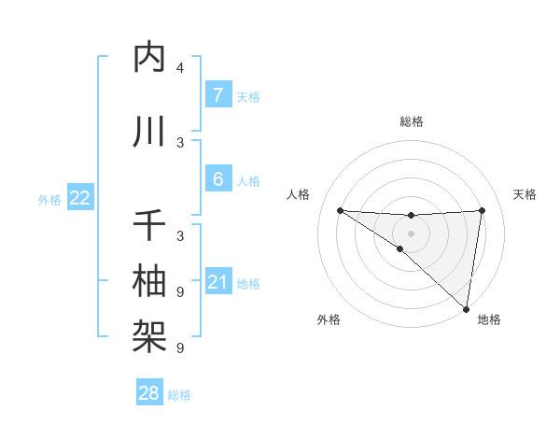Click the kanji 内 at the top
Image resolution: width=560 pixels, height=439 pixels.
coord(149,58)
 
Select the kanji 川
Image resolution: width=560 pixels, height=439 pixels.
coord(149,133)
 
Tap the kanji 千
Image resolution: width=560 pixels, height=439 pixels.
coord(149,226)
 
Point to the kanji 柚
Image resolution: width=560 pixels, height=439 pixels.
coord(149,280)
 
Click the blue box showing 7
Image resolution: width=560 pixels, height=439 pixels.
coord(217,95)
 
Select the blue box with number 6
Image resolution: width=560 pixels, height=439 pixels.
coord(217,179)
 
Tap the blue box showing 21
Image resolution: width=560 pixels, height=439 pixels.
coord(217,281)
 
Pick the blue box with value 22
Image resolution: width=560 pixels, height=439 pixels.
coord(80,197)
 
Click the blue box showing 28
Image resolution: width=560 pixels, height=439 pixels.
coord(149,393)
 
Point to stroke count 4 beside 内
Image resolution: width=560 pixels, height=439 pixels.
coord(180,68)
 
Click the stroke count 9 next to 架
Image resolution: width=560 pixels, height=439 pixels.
coord(180,347)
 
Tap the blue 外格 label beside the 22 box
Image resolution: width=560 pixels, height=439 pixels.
coord(49,199)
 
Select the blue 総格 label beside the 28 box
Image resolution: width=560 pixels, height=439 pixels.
coord(179,395)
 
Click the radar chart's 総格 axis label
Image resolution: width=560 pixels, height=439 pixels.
coord(412,121)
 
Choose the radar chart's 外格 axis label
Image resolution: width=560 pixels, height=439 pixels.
coord(329,319)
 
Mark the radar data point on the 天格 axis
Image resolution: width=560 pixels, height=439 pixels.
coord(482,210)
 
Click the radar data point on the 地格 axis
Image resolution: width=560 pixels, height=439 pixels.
coord(466,308)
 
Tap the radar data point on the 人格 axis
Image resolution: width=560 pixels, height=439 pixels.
coord(340,210)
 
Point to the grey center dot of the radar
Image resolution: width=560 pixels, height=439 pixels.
coord(411,234)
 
